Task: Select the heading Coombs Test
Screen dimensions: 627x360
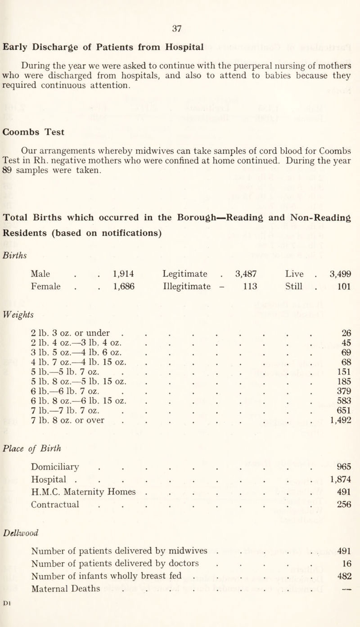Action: pos(34,132)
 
